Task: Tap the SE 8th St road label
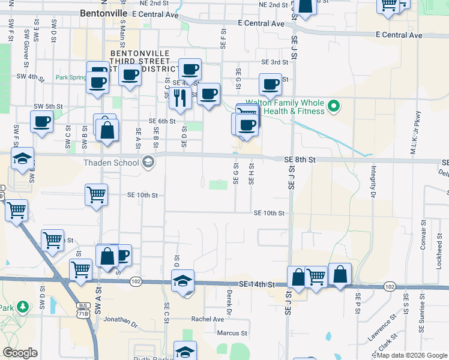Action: coord(300,160)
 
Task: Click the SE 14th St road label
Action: coord(256,284)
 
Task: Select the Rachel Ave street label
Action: coord(207,319)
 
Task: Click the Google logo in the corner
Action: coord(20,353)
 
